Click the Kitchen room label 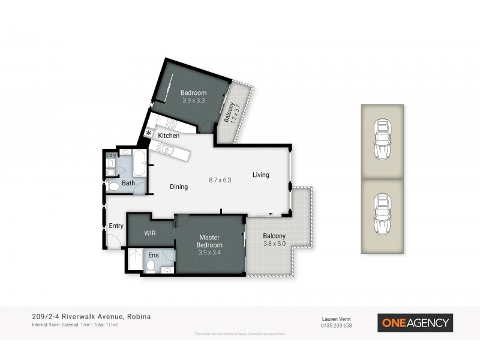tap(169, 136)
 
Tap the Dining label tap(179, 187)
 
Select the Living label tap(260, 175)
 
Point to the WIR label tap(150, 233)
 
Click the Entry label tap(116, 226)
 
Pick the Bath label tap(128, 183)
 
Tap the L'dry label tap(111, 155)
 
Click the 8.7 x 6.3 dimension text tap(220, 179)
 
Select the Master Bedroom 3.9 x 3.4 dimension tap(210, 252)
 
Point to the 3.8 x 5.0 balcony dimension tap(274, 244)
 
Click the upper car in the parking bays tap(382, 139)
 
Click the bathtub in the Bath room tap(139, 164)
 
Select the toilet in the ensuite tap(151, 266)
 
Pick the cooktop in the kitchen tap(170, 125)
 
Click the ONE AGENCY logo tap(415, 323)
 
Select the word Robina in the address tap(139, 316)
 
